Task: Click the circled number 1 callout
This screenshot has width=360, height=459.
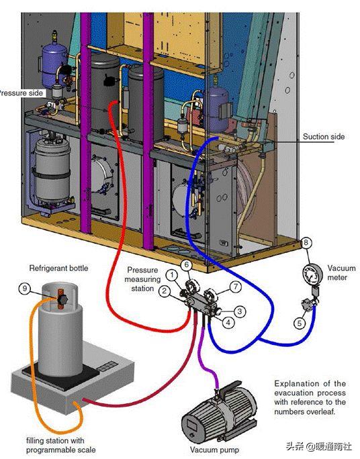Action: point(172,275)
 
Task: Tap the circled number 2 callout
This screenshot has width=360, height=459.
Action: point(165,291)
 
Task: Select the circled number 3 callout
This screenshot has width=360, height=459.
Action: point(240,311)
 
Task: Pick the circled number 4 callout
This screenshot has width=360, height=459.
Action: point(228,323)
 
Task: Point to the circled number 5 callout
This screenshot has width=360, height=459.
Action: point(300,323)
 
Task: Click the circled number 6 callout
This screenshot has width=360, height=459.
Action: point(186,265)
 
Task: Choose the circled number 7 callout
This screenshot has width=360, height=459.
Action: point(236,287)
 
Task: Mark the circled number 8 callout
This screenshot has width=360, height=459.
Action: point(306,242)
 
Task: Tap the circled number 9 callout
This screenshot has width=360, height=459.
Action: point(25,289)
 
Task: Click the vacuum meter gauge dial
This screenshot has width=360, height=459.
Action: point(312,274)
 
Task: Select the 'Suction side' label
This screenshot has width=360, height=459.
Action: point(323,136)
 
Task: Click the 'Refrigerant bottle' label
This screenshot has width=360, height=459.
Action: point(58,268)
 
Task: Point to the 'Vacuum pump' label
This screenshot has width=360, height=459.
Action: point(214,450)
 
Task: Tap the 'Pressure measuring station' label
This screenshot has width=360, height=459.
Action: point(142,279)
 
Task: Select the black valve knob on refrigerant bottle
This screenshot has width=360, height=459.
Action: point(62,299)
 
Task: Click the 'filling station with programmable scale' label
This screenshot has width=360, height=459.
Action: point(60,445)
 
